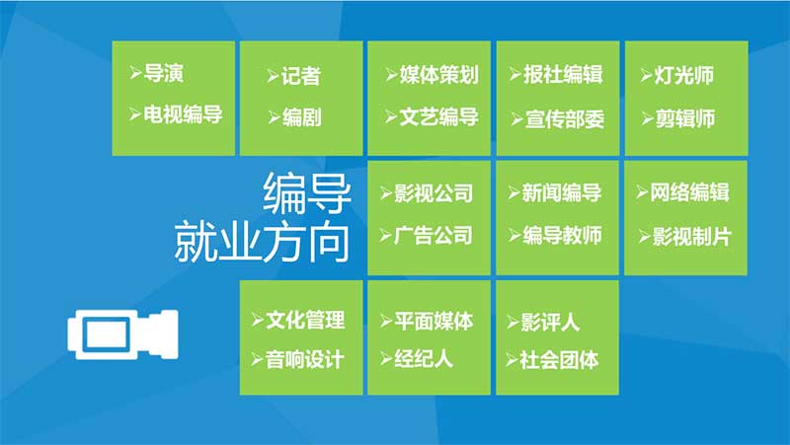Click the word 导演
coord(163,73)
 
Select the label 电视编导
coord(183,114)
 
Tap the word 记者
coord(301,76)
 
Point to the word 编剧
coord(302,117)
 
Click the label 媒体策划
coord(438,75)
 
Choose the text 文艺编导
coord(438,117)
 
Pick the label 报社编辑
coord(563,75)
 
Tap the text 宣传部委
coord(565,119)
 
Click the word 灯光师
coord(684,76)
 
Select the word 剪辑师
coord(685,119)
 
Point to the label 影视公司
coord(434,193)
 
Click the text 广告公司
coord(434,236)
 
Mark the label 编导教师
coord(562,235)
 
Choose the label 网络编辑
coord(689,192)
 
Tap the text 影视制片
coord(692,237)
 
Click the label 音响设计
coord(305,360)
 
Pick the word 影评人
coord(550,323)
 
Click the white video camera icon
coord(122,334)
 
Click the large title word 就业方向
coord(262,242)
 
